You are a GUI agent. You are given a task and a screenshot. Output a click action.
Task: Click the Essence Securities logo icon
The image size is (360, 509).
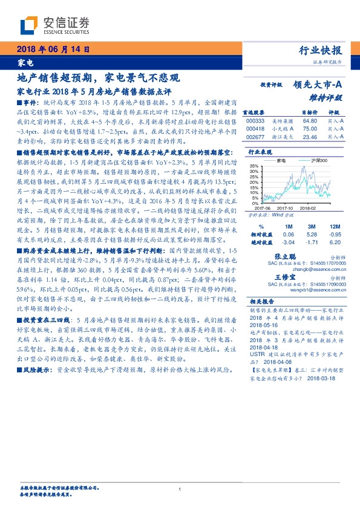(29, 24)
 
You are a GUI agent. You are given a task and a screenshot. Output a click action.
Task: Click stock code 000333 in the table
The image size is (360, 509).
(255, 121)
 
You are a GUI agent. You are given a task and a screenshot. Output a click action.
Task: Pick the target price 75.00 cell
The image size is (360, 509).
(310, 128)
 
